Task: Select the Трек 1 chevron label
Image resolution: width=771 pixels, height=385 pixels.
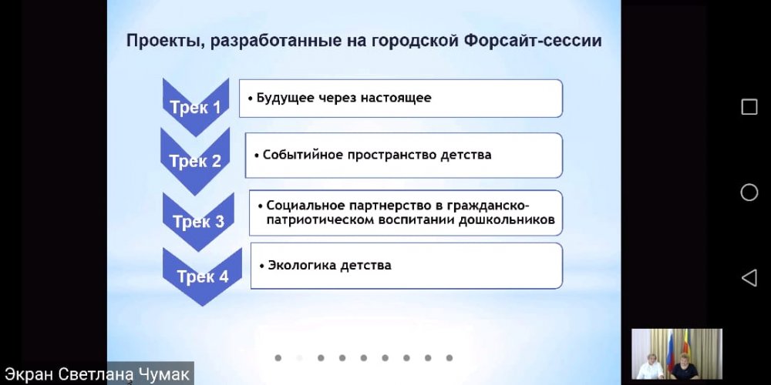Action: click(x=196, y=108)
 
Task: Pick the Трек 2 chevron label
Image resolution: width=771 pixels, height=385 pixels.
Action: click(x=195, y=161)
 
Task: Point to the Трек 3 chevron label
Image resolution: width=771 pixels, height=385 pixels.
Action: click(x=199, y=222)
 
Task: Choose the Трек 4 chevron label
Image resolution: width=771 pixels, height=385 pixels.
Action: click(x=203, y=276)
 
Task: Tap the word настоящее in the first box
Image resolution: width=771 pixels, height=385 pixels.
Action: click(x=396, y=98)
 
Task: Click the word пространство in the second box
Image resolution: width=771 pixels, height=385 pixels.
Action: click(x=392, y=156)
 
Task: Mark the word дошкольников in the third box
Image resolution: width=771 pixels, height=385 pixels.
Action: click(x=507, y=219)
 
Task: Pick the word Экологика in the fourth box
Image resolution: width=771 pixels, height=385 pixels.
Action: click(x=299, y=266)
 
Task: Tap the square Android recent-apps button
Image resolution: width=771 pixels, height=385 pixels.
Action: click(x=749, y=107)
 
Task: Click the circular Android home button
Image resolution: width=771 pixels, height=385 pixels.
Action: click(x=749, y=192)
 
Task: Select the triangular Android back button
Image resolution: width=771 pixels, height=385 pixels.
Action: click(x=749, y=278)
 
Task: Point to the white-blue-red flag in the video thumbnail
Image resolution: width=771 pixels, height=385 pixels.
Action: click(x=669, y=350)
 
